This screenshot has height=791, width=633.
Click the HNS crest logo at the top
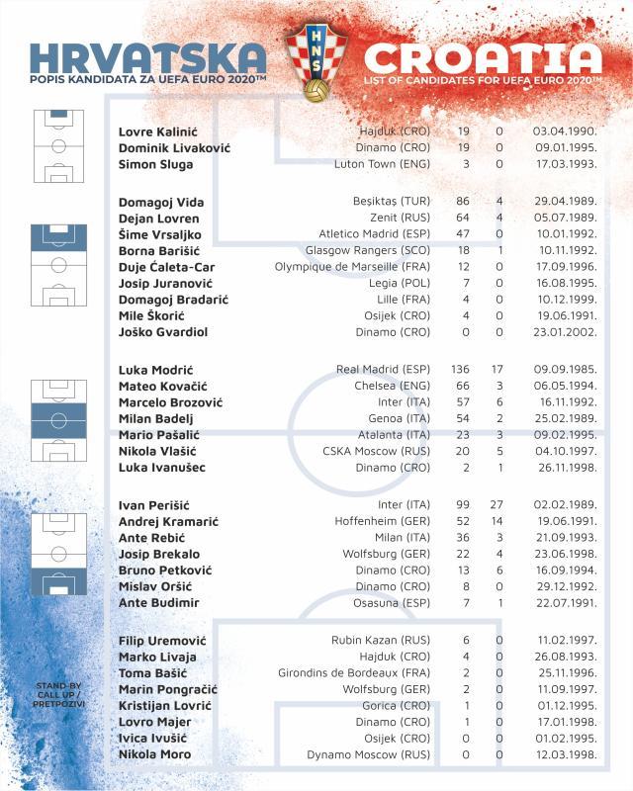[x=316, y=61]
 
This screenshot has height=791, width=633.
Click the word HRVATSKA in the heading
[x=148, y=56]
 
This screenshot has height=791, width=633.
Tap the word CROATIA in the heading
[x=482, y=56]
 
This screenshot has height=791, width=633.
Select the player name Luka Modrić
[x=158, y=369]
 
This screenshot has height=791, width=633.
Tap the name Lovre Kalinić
[x=161, y=132]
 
